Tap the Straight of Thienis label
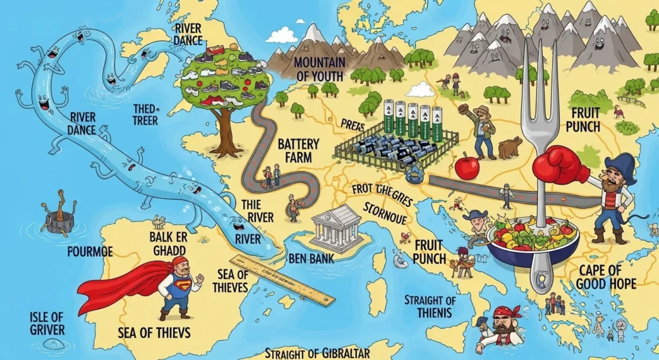click(x=429, y=307)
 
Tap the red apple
click(x=467, y=166)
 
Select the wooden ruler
click(x=283, y=279)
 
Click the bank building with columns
click(x=337, y=224)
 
